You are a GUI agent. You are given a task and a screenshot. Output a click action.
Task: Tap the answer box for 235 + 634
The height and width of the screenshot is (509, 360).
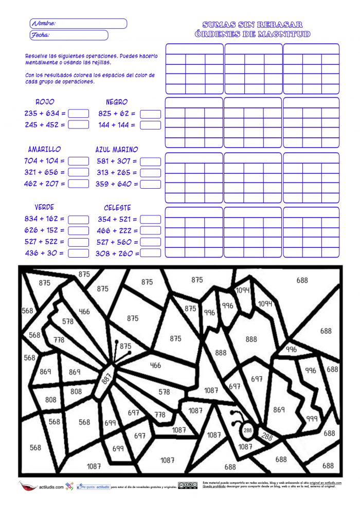79,113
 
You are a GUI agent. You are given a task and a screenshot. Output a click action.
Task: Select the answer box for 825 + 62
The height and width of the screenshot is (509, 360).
150,114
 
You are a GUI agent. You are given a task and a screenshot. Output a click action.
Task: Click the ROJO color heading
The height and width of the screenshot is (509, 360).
45,102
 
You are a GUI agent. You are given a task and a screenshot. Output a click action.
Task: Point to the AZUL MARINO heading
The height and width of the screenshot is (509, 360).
117,150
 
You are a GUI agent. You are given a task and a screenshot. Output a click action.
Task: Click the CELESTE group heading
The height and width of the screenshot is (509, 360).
117,208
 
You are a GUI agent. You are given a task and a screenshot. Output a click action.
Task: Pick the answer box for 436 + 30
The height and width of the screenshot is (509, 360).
79,253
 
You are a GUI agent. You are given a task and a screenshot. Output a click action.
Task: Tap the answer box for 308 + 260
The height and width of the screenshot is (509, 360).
150,253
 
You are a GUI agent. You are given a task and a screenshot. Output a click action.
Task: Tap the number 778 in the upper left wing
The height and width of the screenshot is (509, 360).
59,340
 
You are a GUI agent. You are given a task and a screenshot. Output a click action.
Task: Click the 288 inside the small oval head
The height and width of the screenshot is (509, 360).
248,429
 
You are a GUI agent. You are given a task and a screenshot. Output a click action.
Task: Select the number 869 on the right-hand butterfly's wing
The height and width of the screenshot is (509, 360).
279,410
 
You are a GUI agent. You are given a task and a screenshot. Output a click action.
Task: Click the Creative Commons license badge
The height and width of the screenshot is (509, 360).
188,485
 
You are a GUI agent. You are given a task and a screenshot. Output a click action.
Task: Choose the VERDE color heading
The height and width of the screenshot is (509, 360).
44,207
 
